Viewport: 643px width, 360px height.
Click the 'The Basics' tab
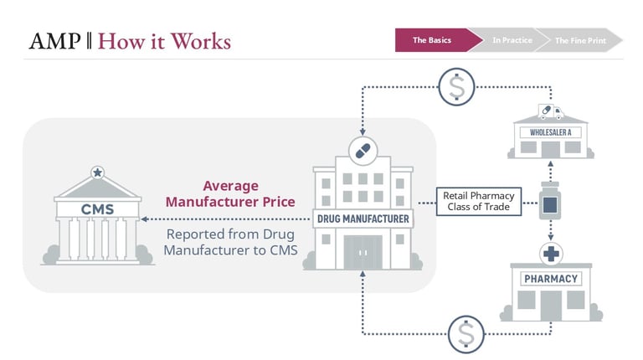432,40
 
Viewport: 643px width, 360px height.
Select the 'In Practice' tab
512,40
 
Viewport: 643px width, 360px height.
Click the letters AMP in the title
54,40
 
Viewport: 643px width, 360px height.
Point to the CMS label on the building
97,208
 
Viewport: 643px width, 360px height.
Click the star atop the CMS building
98,172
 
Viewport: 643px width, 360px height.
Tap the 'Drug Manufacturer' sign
363,219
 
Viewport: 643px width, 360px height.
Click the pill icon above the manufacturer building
363,152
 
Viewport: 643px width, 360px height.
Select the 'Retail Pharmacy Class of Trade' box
479,202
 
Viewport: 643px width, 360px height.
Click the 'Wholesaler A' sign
549,132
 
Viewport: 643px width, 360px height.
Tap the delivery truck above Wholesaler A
550,111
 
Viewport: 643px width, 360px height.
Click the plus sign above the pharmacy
550,253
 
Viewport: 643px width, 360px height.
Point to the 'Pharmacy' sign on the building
550,278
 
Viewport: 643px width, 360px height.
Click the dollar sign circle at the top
456,85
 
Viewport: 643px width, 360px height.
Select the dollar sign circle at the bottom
466,334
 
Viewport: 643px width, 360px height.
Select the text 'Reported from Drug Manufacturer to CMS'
230,242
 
